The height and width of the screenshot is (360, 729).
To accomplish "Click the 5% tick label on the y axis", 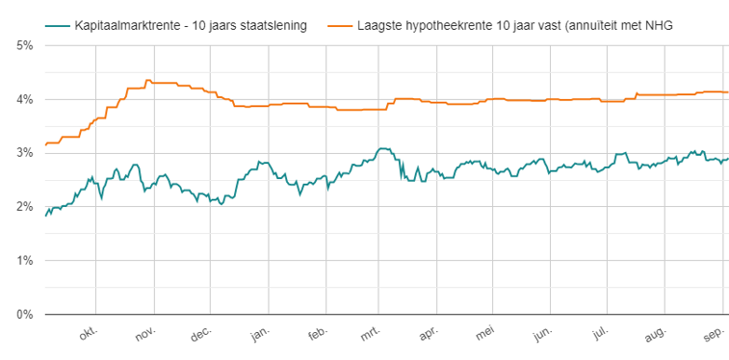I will pyautogui.click(x=23, y=45).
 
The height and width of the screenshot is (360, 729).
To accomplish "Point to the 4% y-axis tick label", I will pyautogui.click(x=23, y=99).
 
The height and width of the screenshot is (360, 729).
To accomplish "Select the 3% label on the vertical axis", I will pyautogui.click(x=23, y=153).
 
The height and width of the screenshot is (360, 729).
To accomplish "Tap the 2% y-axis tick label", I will pyautogui.click(x=23, y=206).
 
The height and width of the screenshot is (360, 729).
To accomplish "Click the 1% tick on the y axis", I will pyautogui.click(x=23, y=260).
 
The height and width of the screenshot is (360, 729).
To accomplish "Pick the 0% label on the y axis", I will pyautogui.click(x=23, y=314).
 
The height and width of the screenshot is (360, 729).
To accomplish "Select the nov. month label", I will pyautogui.click(x=146, y=333).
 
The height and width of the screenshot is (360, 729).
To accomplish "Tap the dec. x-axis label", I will pyautogui.click(x=202, y=333).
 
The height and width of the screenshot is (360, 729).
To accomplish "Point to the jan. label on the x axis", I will pyautogui.click(x=260, y=333).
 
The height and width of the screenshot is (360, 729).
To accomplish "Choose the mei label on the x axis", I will pyautogui.click(x=487, y=333).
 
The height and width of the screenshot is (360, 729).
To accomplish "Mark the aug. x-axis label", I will pyautogui.click(x=657, y=333).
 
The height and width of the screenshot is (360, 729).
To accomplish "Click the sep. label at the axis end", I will pyautogui.click(x=714, y=333).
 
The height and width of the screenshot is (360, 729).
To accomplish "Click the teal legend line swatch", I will pyautogui.click(x=57, y=25).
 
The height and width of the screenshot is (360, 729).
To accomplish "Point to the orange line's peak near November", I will pyautogui.click(x=147, y=80).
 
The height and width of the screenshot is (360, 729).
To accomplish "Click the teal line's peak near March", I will pyautogui.click(x=383, y=148).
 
